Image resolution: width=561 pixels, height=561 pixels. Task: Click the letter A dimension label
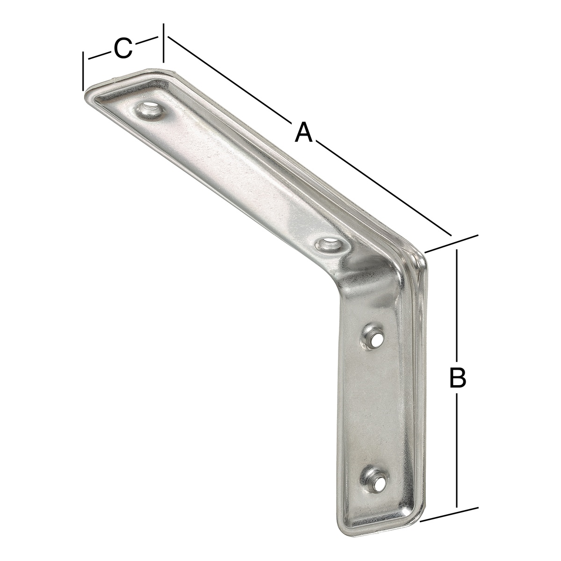tap(304, 132)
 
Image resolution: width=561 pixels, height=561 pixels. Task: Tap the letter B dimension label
tap(458, 378)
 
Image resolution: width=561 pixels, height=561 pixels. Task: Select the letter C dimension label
tap(123, 48)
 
